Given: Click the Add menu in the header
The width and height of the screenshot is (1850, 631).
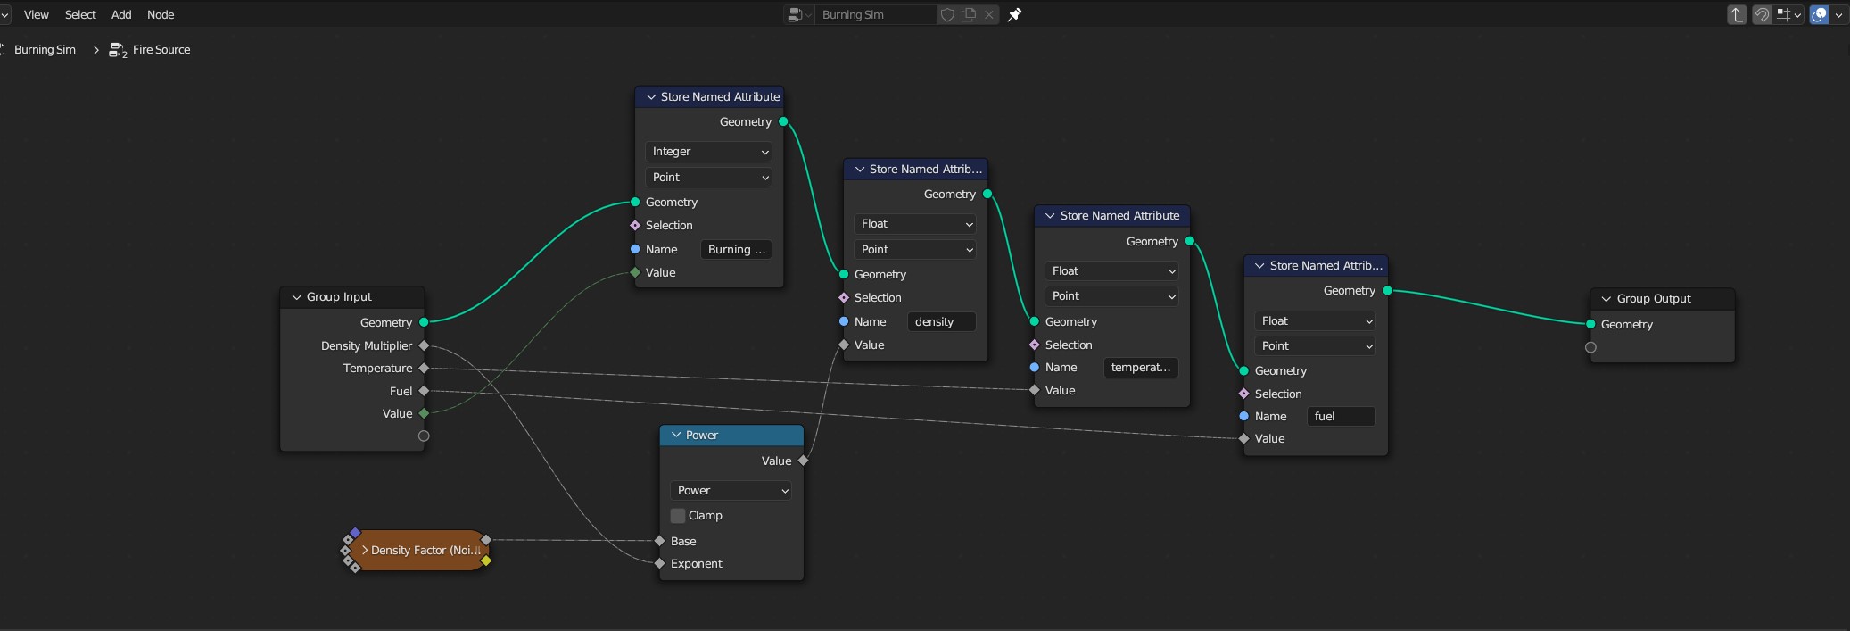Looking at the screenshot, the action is click(x=121, y=14).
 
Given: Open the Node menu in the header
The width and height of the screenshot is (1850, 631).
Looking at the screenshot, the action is click(x=161, y=14).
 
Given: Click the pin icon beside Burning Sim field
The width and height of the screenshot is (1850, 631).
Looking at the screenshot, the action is click(x=1014, y=14).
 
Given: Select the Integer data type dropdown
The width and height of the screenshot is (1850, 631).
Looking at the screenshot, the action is click(x=709, y=152).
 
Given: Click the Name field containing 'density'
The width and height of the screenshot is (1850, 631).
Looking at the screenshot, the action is click(x=941, y=322).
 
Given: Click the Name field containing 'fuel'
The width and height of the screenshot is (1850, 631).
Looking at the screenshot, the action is click(x=1341, y=417).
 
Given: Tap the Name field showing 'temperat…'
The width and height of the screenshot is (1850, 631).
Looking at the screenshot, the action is click(x=1141, y=368).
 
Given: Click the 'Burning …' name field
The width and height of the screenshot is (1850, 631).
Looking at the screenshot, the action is click(x=736, y=250).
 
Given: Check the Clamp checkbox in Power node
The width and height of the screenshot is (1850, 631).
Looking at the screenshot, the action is click(x=678, y=516).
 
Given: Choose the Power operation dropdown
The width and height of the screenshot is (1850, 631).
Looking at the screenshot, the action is click(x=731, y=491).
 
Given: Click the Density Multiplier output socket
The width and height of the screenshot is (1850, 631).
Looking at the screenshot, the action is click(x=424, y=345).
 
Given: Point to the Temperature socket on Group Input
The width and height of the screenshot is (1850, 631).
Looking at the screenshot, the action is click(x=424, y=368).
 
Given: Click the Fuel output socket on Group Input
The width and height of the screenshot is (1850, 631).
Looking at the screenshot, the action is click(x=424, y=391).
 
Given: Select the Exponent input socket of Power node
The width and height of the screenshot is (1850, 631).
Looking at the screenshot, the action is click(x=660, y=563).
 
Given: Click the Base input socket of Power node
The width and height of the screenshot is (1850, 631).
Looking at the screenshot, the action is click(x=660, y=541).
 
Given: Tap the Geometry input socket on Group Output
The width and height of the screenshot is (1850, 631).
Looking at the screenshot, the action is click(x=1590, y=324).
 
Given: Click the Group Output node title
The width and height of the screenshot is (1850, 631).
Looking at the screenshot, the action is click(x=1654, y=299).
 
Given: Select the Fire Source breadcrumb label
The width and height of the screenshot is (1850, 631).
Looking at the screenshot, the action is click(x=161, y=50).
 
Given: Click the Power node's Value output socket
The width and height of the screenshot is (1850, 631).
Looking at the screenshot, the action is click(x=804, y=461).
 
